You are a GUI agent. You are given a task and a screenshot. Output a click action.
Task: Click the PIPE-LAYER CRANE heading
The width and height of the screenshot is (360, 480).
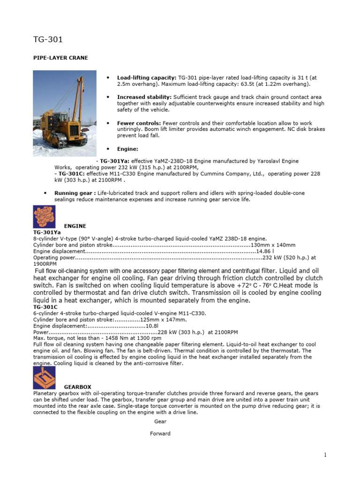tap(60, 58)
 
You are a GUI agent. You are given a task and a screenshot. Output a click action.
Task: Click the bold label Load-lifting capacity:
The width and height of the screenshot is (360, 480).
tap(147, 77)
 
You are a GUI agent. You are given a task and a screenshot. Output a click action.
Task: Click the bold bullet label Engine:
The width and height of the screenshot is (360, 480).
tap(128, 149)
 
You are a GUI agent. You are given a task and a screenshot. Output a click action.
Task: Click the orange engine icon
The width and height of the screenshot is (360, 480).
tap(45, 217)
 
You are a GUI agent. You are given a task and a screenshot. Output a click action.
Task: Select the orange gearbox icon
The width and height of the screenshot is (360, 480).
tap(45, 378)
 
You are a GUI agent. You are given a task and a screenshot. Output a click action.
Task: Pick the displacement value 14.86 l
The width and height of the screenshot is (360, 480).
tap(264, 251)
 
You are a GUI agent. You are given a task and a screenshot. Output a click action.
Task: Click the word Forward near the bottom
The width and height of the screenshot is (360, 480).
tap(160, 434)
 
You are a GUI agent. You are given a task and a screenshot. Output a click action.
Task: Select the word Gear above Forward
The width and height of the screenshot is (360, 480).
tap(160, 421)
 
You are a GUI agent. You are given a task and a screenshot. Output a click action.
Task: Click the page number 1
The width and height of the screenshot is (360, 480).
tap(324, 455)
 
